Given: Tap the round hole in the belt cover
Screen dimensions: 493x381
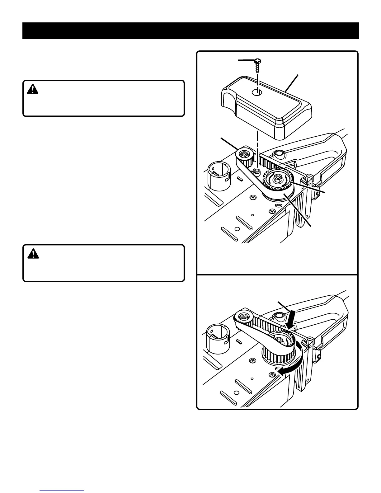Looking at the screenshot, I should click(x=257, y=92).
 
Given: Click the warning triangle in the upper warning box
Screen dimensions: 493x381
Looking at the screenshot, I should click(x=32, y=90).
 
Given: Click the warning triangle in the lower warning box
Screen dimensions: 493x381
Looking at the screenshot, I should click(x=32, y=254).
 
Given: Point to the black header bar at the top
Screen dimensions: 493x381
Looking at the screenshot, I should click(x=190, y=31).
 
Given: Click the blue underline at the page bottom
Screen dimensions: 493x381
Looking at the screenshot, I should click(x=62, y=490).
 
